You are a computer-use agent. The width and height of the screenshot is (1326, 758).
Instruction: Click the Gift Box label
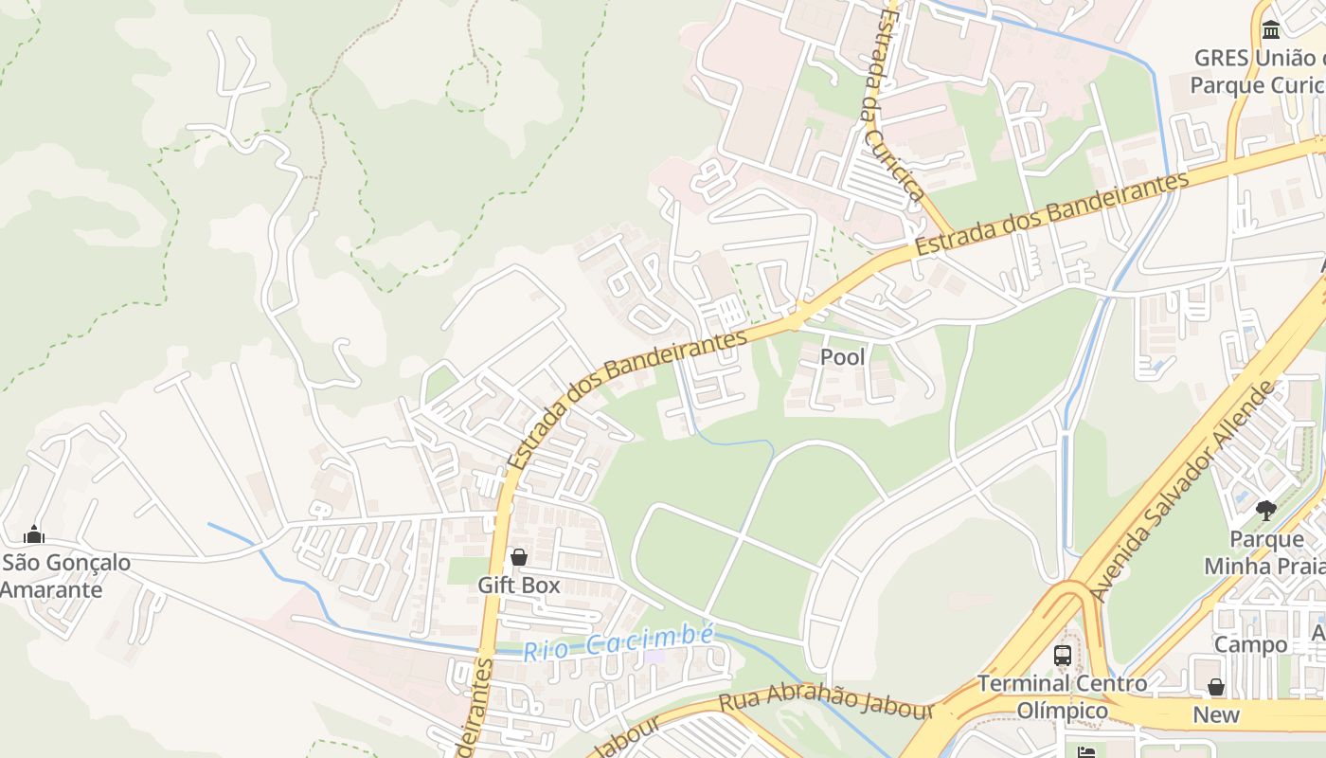pos(518,586)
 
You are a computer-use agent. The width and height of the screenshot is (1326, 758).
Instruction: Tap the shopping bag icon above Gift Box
pos(518,557)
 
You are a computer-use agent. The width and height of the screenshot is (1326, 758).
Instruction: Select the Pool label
pos(842,357)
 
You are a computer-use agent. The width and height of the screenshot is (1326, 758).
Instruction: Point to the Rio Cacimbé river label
pos(618,643)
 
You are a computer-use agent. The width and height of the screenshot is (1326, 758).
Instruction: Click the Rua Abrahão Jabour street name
pos(826,701)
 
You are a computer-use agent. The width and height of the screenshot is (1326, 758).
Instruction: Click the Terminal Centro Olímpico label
pos(1062,696)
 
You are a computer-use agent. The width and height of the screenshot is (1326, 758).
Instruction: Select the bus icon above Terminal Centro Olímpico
pos(1063,655)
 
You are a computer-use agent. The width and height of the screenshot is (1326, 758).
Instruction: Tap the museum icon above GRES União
pos(1271,29)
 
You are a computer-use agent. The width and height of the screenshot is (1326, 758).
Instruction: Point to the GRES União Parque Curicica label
pos(1258,72)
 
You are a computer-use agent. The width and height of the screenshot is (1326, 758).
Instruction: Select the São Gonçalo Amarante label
pos(64,576)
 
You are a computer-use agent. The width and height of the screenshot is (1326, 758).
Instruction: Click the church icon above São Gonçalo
pos(34,534)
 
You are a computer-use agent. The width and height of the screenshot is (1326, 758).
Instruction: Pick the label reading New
pos(1215,714)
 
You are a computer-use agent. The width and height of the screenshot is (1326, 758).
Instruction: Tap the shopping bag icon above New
pos(1215,687)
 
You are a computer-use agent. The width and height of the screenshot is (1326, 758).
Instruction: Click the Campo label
pos(1251,645)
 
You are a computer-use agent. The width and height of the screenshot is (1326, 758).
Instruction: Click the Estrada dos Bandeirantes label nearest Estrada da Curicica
pos(1051,213)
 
